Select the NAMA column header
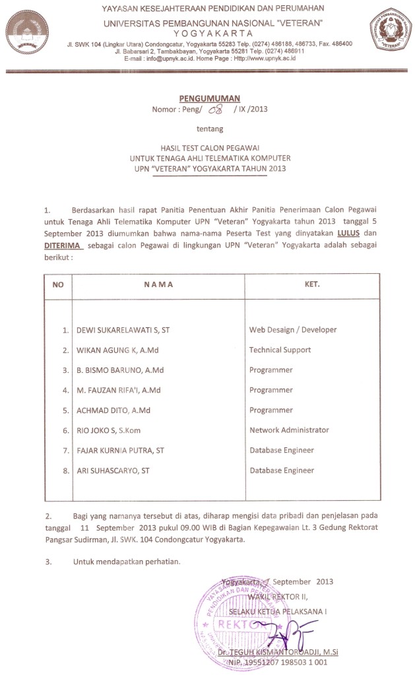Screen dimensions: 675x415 [158, 285]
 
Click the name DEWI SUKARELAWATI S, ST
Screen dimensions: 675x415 [127, 330]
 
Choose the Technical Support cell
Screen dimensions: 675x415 [280, 350]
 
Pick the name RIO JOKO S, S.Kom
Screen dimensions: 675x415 [108, 431]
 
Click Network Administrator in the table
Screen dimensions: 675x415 [288, 430]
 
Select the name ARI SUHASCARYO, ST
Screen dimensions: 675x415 [113, 471]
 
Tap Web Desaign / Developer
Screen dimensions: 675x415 [292, 330]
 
